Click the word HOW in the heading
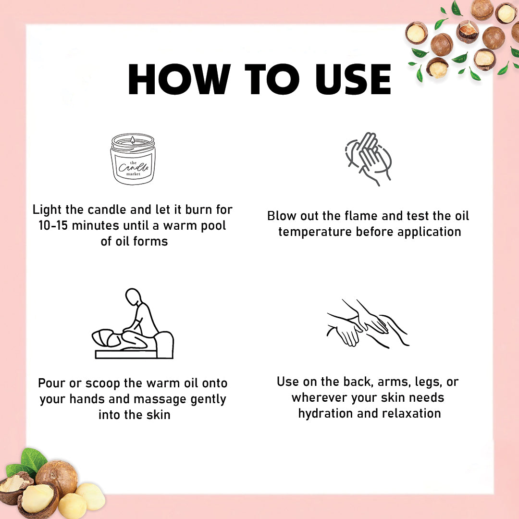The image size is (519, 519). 179,79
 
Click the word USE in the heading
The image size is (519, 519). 353,79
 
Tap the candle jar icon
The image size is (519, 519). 133,159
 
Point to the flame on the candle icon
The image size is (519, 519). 133,140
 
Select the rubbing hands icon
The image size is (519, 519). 368,159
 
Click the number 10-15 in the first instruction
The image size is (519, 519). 53,225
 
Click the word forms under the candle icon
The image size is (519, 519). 150,241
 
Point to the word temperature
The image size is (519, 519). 315,232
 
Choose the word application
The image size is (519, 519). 429,232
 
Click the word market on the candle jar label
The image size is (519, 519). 134,174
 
